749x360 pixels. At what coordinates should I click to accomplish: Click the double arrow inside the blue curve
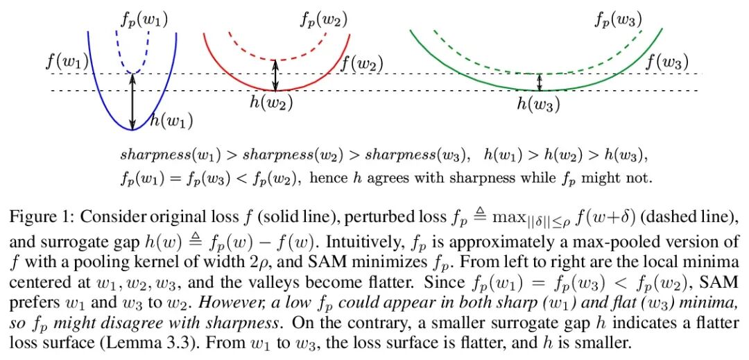(132, 101)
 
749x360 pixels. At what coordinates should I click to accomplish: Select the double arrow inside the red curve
(276, 75)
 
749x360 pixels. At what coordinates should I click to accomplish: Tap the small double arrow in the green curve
(540, 83)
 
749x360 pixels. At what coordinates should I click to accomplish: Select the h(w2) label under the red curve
(271, 104)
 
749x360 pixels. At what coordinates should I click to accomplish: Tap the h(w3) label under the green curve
(537, 105)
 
